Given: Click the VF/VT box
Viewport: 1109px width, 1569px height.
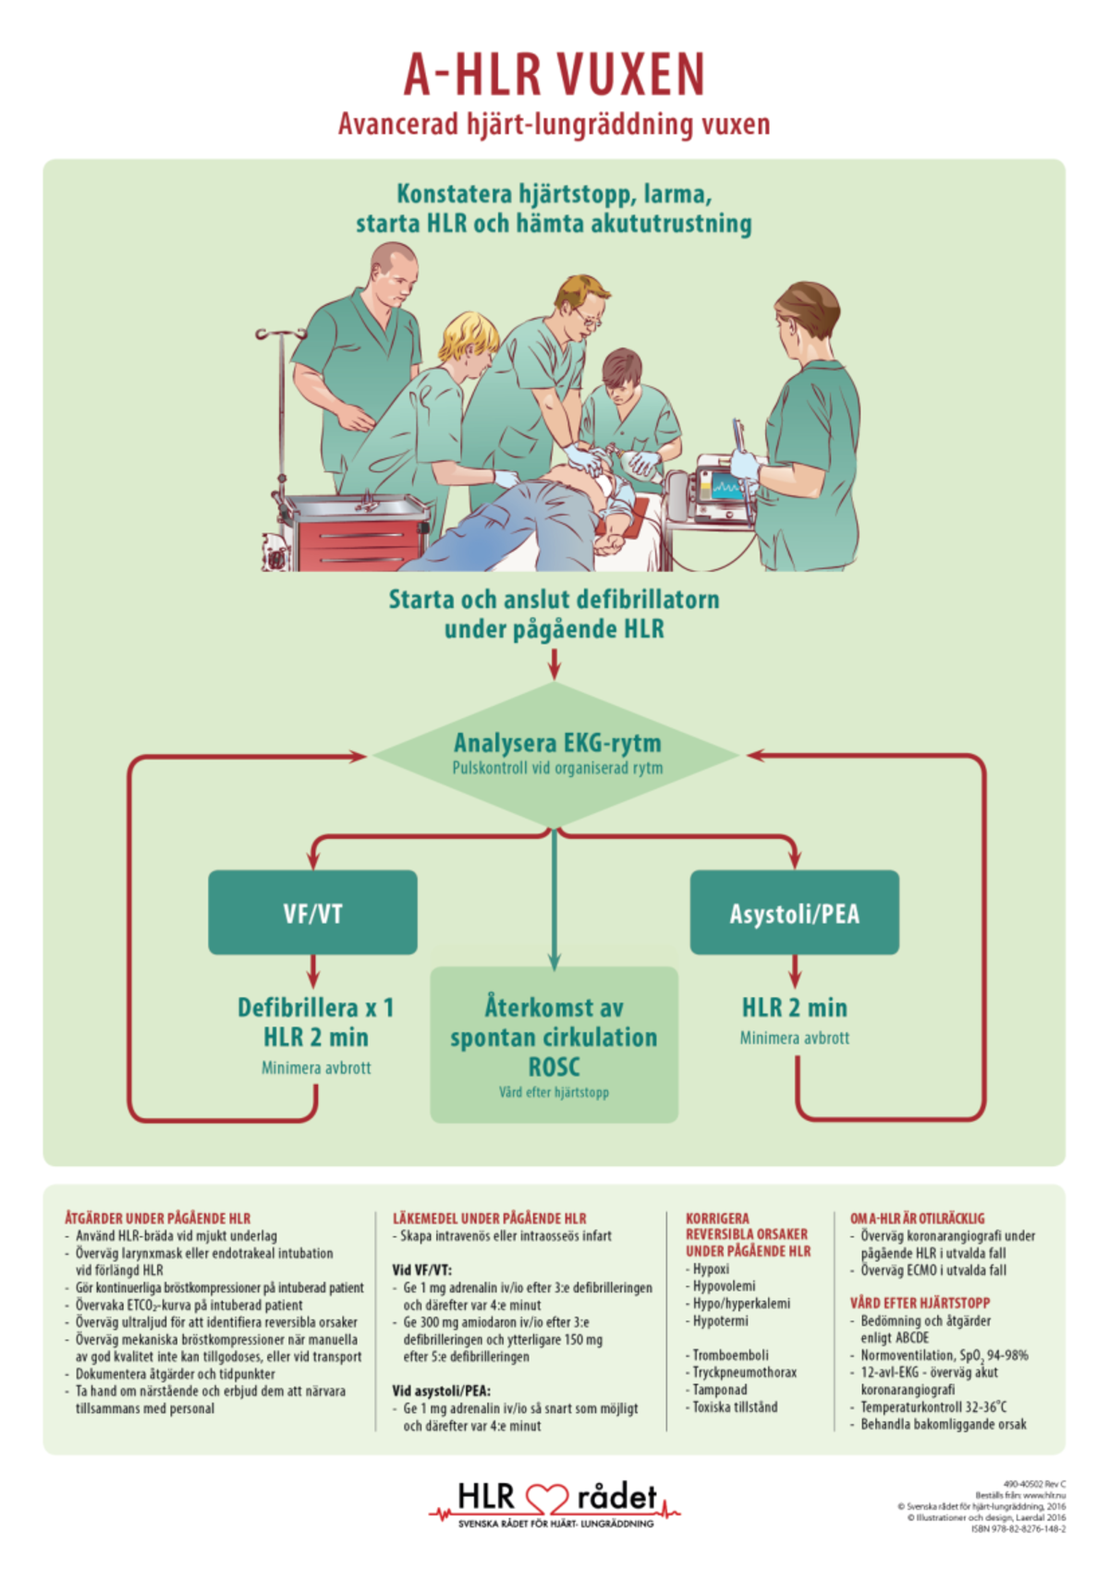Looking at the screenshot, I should click(312, 913).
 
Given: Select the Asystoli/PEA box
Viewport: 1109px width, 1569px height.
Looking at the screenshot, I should click(794, 913).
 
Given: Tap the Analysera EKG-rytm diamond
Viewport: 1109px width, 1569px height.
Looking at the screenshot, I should click(554, 753).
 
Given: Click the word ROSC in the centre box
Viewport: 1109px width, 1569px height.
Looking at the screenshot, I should click(554, 1067).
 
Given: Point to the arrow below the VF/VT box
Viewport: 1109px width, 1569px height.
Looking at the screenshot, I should click(312, 972).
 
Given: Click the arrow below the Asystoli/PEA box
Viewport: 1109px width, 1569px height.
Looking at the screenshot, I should click(795, 972).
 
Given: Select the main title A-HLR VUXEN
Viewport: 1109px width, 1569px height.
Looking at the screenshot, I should click(554, 74).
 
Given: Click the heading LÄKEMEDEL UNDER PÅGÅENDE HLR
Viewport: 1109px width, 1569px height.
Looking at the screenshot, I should click(489, 1219).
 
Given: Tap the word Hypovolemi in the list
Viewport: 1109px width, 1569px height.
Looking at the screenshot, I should click(724, 1286).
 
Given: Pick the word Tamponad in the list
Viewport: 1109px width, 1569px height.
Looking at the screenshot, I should click(720, 1390).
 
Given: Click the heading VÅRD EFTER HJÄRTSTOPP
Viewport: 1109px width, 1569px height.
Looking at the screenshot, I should click(920, 1303).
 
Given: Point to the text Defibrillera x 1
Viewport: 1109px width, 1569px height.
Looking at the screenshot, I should click(315, 1007).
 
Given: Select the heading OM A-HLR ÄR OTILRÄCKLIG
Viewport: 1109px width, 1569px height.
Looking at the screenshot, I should click(917, 1219).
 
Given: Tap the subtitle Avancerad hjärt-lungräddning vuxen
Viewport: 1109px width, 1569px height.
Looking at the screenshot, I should click(554, 124).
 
